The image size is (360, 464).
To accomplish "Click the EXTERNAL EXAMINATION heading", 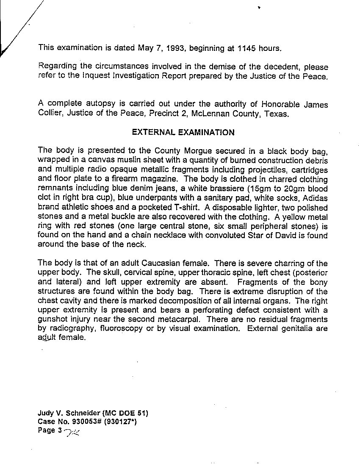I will click(x=183, y=132).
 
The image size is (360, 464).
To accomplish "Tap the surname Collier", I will click(x=50, y=114).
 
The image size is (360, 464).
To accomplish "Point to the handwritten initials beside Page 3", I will click(x=72, y=432).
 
